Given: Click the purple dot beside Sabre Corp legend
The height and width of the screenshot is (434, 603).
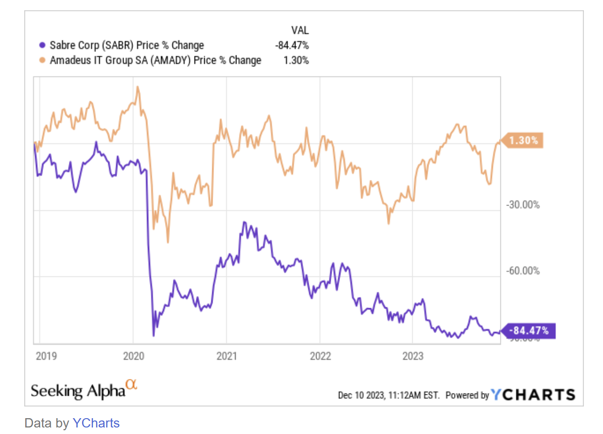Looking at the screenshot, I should (42, 46).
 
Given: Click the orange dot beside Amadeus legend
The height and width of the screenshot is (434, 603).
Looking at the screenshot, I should (42, 61).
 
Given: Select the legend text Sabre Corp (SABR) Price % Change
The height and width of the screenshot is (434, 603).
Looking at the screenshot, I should (127, 46).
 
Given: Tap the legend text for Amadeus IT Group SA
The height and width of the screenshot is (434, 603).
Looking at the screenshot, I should (155, 61).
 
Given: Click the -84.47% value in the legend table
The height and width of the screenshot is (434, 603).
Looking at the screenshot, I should (291, 46).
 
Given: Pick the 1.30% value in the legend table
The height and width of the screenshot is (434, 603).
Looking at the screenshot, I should (296, 61).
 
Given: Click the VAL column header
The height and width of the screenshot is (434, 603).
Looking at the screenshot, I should (300, 31).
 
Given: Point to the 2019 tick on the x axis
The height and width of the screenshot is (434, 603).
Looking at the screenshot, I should (46, 356).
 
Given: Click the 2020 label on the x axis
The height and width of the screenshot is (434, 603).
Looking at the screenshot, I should (133, 356).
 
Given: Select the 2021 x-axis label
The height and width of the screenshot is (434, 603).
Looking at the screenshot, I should (227, 356).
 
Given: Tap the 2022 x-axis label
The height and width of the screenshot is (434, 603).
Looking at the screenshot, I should (320, 356).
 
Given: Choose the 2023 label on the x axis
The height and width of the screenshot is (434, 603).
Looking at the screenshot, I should (413, 356).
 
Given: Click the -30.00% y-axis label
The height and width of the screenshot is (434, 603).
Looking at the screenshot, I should (523, 205).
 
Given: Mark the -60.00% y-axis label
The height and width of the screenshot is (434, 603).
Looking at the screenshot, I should (523, 271).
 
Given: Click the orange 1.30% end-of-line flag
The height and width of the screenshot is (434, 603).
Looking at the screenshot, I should (523, 141).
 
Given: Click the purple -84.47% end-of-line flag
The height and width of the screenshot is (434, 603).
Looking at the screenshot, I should (528, 331).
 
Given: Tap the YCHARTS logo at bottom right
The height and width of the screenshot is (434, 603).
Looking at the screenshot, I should (533, 395).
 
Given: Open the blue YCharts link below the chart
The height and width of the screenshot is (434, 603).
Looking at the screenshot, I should (96, 423).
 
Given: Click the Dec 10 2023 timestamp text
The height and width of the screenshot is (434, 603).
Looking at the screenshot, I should (388, 395).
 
